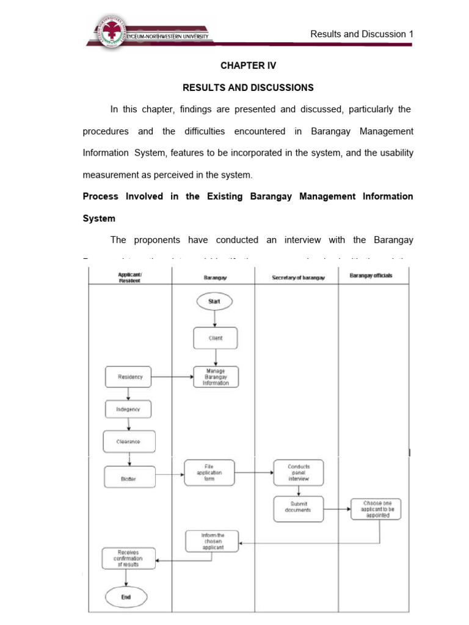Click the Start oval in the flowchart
[x=214, y=302]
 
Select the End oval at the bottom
[x=126, y=597]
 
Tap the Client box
[x=214, y=338]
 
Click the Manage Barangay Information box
[x=216, y=377]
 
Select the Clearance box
[x=129, y=441]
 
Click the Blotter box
[x=129, y=479]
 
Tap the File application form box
[x=209, y=472]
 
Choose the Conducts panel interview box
[x=299, y=472]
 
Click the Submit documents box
[x=299, y=508]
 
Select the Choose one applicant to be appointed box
[x=376, y=508]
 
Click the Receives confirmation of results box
[x=129, y=558]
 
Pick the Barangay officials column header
[x=371, y=276]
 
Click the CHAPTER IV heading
[x=248, y=65]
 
